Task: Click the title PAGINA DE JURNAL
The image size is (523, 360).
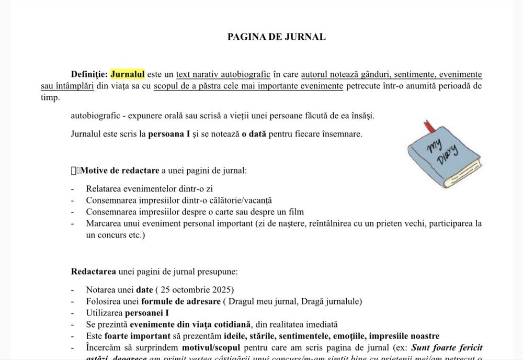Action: [276, 37]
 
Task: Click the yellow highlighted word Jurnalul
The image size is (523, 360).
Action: [127, 74]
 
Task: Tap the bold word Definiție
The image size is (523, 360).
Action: [89, 74]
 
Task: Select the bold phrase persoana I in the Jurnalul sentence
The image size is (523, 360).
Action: [170, 134]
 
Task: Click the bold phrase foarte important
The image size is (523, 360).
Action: [137, 336]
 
